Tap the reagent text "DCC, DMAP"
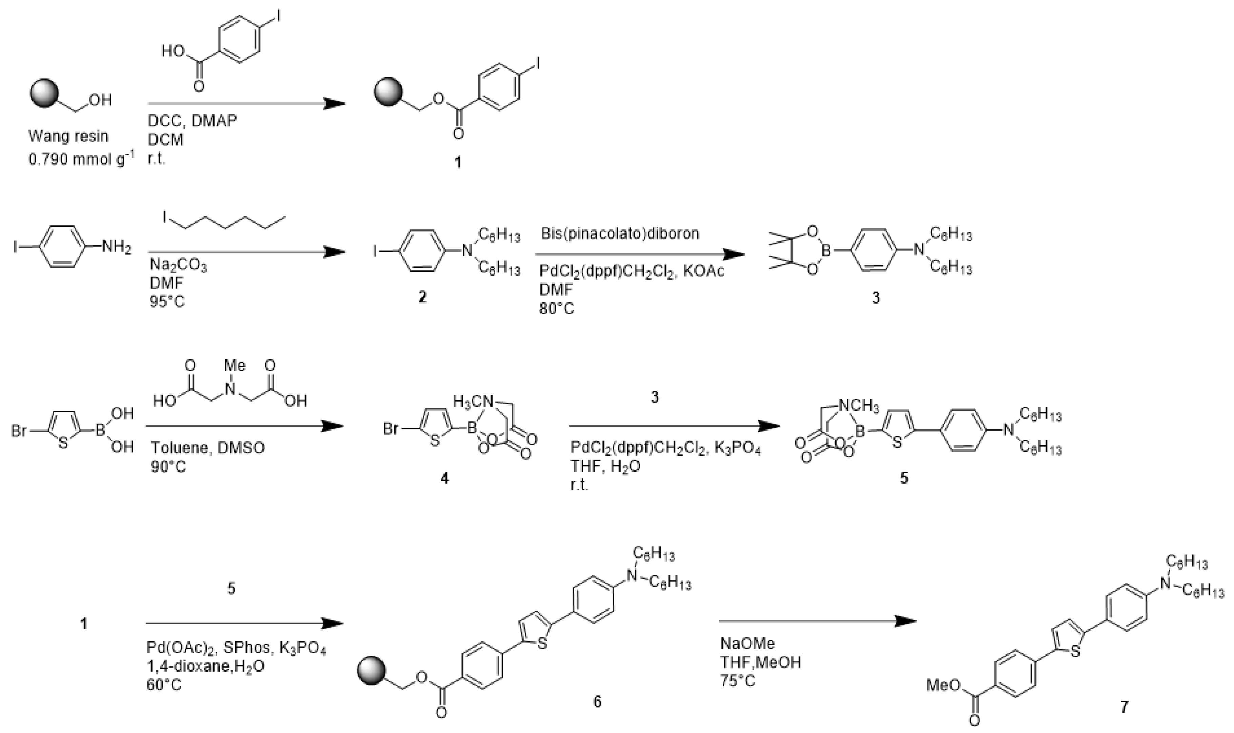[192, 121]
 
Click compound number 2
[422, 297]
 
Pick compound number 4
[444, 478]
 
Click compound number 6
[597, 701]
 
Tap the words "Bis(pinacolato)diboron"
[620, 233]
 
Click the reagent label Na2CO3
[178, 266]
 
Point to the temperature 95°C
[167, 301]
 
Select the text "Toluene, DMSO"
[207, 448]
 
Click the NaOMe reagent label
[748, 643]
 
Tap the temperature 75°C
[738, 680]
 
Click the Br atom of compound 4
[391, 429]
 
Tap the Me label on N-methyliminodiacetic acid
[234, 366]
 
